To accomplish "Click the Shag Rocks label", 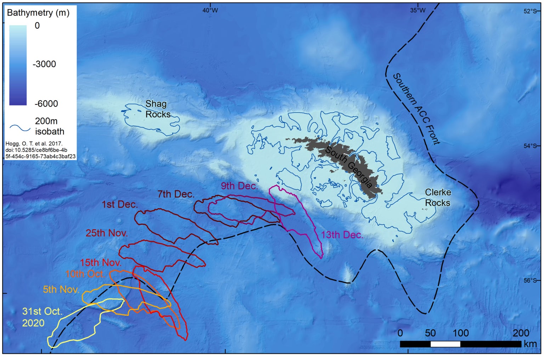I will (157, 109).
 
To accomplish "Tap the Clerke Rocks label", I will (438, 198).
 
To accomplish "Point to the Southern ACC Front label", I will (416, 109).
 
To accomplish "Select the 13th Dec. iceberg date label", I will (342, 235).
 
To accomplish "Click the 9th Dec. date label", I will (239, 186).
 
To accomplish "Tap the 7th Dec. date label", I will (176, 194).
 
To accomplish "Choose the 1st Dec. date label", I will (120, 205).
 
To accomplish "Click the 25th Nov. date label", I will (107, 233).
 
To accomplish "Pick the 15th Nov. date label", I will (101, 263).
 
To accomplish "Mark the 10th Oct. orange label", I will (85, 274).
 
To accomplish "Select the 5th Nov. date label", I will (61, 290).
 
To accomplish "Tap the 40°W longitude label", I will (210, 10).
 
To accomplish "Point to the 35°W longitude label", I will (418, 10).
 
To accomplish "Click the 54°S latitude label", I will (530, 146).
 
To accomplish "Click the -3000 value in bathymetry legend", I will (44, 64).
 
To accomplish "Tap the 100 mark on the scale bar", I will (460, 333).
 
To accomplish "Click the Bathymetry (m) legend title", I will (38, 13).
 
